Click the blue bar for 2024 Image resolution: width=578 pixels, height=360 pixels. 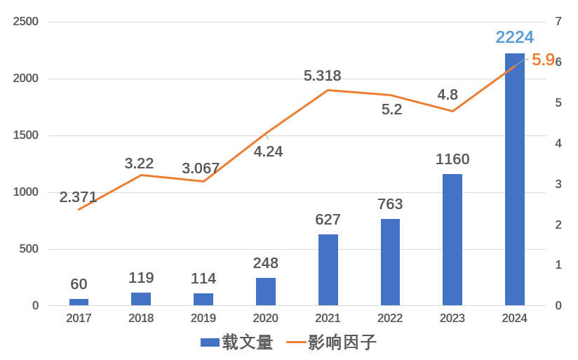point(514,179)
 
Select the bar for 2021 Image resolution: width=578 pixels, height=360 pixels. point(328,269)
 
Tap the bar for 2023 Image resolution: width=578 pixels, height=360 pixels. point(452,239)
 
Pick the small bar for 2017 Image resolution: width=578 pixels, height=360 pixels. point(79,302)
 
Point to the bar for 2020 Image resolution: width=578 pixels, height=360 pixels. point(266,291)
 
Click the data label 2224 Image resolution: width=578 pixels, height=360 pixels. point(514,37)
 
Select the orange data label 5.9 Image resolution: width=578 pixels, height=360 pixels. point(543,60)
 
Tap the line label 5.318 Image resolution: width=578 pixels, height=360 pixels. point(322,76)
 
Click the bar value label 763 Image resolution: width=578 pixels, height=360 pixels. point(390,204)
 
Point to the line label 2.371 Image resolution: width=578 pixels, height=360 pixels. point(78,197)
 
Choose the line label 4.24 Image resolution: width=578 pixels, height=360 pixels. point(268,152)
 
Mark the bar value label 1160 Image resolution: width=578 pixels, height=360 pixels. point(452,159)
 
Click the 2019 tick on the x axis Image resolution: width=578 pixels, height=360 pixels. point(203,319)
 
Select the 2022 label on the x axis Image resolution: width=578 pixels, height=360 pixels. point(390,319)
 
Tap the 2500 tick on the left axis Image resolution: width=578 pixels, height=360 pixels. point(26,22)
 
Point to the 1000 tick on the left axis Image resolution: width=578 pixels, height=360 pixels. point(26,192)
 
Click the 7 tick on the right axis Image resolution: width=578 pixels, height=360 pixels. point(558,22)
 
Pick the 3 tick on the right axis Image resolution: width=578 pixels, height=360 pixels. point(558,184)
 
